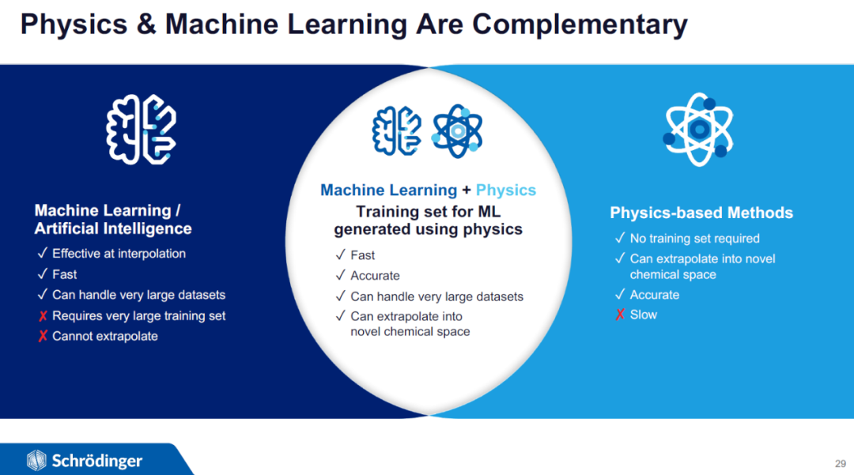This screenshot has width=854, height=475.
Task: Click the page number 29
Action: [841, 464]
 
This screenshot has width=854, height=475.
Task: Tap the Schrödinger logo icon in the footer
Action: [36, 460]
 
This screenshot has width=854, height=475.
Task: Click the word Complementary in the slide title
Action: [580, 25]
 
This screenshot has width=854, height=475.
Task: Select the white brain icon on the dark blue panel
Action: [141, 130]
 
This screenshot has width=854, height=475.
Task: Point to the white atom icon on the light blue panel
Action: [699, 130]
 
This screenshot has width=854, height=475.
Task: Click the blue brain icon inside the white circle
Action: [396, 131]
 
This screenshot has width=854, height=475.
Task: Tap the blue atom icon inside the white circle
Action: [458, 131]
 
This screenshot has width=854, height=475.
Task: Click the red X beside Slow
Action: [620, 315]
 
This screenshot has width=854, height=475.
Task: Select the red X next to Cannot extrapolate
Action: [43, 336]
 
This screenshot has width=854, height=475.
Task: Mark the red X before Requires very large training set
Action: [43, 316]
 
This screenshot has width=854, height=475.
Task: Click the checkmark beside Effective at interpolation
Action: [43, 253]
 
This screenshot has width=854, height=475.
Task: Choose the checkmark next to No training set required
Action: [620, 238]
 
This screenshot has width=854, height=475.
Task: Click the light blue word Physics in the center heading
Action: [506, 190]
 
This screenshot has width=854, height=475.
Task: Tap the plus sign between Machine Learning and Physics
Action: [467, 190]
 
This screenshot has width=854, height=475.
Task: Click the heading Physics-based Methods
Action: [701, 213]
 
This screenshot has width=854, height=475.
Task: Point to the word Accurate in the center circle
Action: [376, 276]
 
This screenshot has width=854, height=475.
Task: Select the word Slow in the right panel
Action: [644, 315]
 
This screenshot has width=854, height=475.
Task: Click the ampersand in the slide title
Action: [146, 25]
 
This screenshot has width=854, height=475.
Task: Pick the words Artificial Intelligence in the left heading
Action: [113, 228]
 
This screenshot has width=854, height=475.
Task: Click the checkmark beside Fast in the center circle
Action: [340, 254]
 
